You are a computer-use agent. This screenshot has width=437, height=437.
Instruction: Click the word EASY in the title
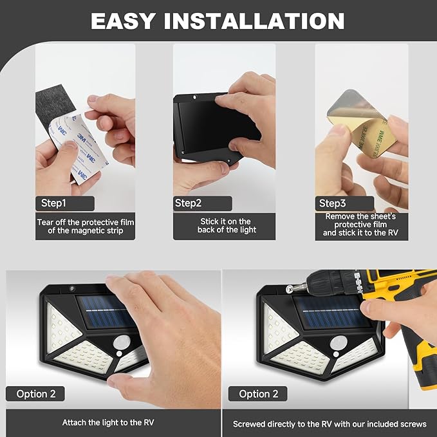pos(123,21)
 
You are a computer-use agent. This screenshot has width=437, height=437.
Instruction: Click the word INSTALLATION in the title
pos(254,21)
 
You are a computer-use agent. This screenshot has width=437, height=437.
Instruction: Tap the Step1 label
pos(53,203)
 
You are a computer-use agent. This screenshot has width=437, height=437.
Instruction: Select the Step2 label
pos(188,203)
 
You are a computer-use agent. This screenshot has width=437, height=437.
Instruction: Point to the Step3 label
pos(332,203)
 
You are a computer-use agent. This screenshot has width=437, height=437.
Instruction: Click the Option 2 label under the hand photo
pos(35,394)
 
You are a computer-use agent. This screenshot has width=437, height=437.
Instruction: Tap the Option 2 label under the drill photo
pos(258,394)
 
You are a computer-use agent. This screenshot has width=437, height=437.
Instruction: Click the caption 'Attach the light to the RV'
pos(108,422)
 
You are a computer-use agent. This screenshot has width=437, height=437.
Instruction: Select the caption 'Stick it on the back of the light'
pos(227,225)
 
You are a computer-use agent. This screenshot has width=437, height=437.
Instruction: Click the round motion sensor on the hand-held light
pos(122,342)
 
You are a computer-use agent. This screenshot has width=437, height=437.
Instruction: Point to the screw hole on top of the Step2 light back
pos(195,98)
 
